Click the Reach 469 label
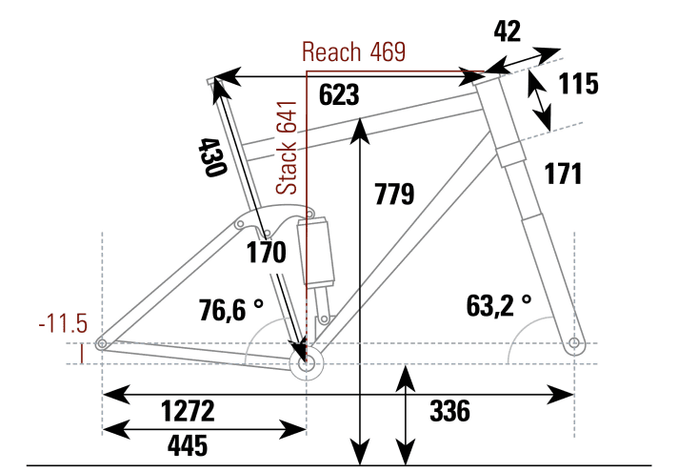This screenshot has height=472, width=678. tap(354, 51)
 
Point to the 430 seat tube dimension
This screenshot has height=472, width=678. tap(209, 157)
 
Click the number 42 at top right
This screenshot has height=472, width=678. tap(508, 31)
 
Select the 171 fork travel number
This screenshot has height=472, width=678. tap(563, 174)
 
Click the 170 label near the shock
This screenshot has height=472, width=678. tap(266, 254)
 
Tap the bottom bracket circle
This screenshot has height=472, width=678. tap(306, 363)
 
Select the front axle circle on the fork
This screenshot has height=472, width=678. tap(573, 342)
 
